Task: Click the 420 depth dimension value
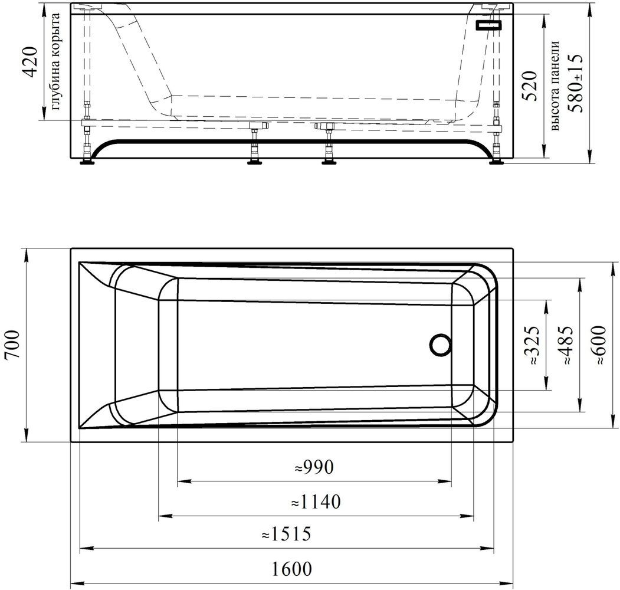pyautogui.click(x=31, y=61)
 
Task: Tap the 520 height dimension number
pyautogui.click(x=530, y=86)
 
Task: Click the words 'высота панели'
pyautogui.click(x=556, y=86)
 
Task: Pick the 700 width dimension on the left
pyautogui.click(x=12, y=344)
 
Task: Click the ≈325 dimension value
pyautogui.click(x=533, y=345)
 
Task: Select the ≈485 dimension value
pyautogui.click(x=567, y=345)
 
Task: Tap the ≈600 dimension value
pyautogui.click(x=599, y=345)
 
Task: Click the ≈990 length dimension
pyautogui.click(x=314, y=467)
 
